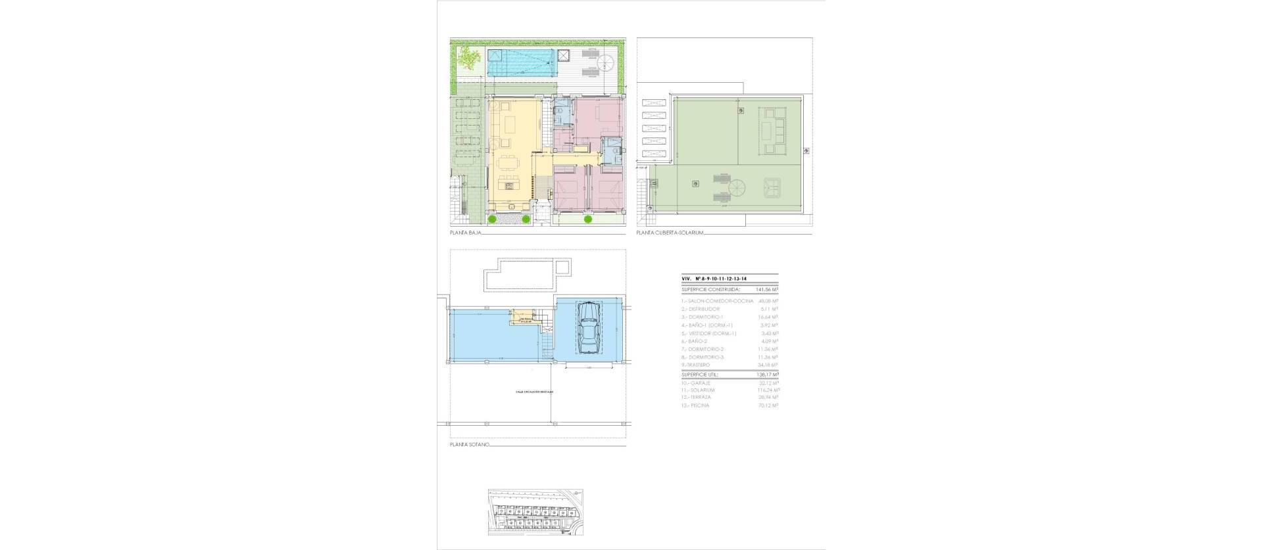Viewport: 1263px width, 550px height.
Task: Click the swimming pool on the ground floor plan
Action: pyautogui.click(x=522, y=63)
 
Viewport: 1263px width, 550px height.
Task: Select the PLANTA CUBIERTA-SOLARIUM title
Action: pyautogui.click(x=670, y=233)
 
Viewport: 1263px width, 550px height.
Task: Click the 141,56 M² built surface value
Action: pyautogui.click(x=766, y=288)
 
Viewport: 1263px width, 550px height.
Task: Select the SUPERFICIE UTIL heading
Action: pyautogui.click(x=700, y=375)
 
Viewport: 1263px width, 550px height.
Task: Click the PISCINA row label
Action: pyautogui.click(x=697, y=406)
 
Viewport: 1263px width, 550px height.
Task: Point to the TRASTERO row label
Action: pyautogui.click(x=697, y=365)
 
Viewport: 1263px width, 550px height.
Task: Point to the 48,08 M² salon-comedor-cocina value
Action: pyautogui.click(x=768, y=301)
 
